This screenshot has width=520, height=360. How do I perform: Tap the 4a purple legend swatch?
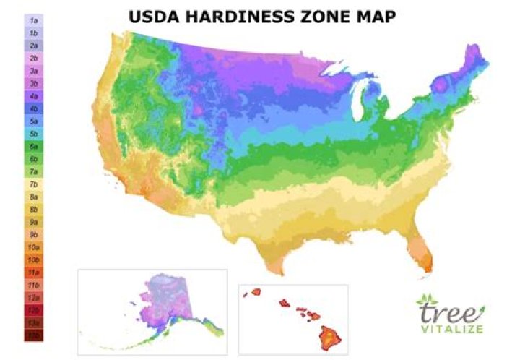click(x=33, y=95)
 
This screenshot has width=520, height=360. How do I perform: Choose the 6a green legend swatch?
click(x=33, y=146)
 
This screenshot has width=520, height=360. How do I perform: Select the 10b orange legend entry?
click(x=33, y=259)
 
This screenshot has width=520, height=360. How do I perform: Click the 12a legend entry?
click(x=33, y=297)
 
